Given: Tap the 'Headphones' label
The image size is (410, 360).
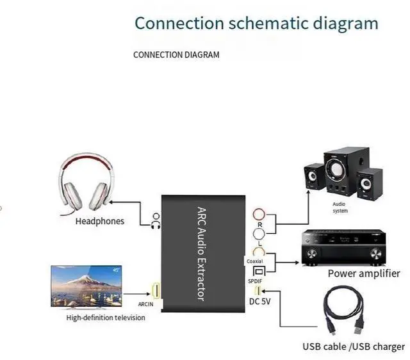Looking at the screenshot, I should click(100, 222).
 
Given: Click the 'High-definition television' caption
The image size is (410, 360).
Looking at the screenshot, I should click(106, 318).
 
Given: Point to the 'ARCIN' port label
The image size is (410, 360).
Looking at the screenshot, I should click(145, 304).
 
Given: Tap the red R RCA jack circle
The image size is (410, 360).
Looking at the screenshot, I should click(259, 214).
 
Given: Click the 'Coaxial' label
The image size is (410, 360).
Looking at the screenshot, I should click(254, 261).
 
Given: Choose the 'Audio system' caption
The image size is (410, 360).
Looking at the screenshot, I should click(340, 208).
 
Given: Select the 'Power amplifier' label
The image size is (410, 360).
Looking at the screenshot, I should click(364, 274).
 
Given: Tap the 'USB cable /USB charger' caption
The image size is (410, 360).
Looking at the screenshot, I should click(354, 347).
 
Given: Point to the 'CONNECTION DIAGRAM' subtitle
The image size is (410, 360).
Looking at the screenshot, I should click(176, 55).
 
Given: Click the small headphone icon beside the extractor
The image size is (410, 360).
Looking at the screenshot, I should click(154, 221).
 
